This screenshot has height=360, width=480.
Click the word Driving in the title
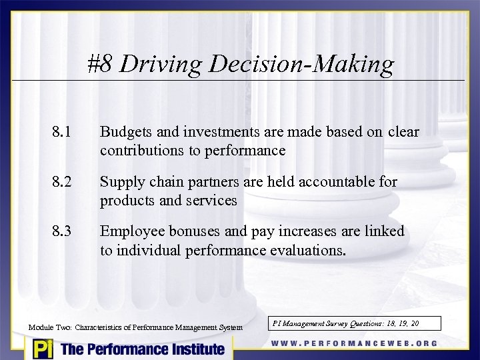click(161, 64)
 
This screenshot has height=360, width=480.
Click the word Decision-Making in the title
click(301, 64)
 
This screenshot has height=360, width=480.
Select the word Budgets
click(123, 132)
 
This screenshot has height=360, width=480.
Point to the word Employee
click(131, 231)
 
